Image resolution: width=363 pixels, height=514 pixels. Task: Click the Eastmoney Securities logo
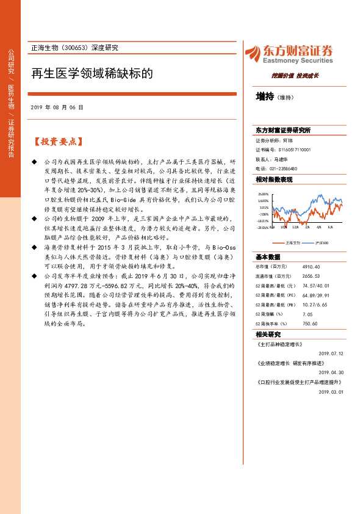click(289, 54)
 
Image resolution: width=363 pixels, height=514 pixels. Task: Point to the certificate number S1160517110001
click(295, 149)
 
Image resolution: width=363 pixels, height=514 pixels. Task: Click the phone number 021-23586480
click(284, 168)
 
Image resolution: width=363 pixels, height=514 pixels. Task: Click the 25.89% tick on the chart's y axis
click(263, 194)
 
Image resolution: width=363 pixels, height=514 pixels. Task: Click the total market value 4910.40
click(312, 267)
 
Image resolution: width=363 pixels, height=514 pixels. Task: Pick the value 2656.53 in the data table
click(312, 276)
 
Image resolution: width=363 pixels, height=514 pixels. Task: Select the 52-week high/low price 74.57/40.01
click(316, 286)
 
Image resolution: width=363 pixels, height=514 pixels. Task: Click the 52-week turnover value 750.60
click(311, 324)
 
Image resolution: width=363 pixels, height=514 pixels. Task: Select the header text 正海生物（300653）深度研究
click(74, 47)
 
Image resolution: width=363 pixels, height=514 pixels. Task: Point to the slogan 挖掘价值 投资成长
click(295, 76)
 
